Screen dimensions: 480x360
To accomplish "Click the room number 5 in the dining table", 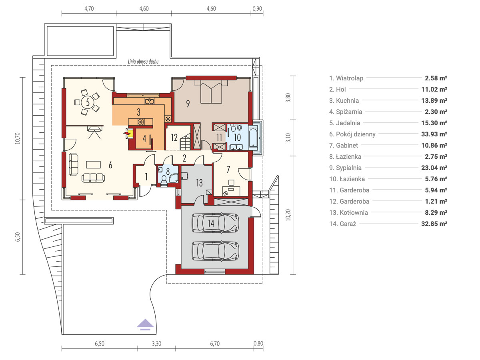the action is [88, 102].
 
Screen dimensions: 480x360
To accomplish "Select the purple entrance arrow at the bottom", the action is [145, 324].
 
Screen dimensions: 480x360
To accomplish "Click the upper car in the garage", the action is [215, 222].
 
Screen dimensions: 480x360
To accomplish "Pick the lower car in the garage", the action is [215, 251].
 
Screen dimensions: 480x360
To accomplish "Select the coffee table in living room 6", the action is [93, 164].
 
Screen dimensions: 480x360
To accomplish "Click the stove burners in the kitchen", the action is [141, 122].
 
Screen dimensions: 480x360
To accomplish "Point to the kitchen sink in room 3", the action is [150, 101].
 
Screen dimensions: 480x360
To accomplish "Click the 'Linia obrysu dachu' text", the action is [143, 62].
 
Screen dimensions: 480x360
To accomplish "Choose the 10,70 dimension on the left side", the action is [18, 138].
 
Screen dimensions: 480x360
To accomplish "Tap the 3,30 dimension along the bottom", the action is [156, 344].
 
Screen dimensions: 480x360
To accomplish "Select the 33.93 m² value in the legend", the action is [434, 134].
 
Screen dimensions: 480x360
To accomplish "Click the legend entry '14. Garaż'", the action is [343, 224].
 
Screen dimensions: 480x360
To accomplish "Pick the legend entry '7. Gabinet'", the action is [344, 145].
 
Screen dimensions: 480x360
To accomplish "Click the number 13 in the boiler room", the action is [199, 183].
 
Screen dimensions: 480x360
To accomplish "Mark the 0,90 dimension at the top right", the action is [257, 9].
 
